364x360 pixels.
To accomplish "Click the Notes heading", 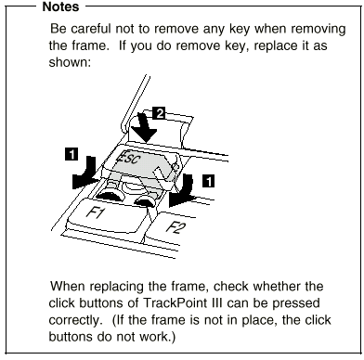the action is (x=60, y=6).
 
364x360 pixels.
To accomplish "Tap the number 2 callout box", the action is (x=160, y=113).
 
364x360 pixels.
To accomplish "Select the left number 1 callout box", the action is (x=71, y=154).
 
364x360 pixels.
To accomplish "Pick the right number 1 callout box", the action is (x=209, y=181).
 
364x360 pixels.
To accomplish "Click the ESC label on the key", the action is (x=128, y=159).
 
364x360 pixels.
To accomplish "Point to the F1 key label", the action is (x=95, y=212).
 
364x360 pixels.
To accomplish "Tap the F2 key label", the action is (x=175, y=228).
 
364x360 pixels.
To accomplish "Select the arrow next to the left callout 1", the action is (x=85, y=174).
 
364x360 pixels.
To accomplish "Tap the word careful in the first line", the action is (x=90, y=29).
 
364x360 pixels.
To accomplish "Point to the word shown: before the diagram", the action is (x=70, y=62).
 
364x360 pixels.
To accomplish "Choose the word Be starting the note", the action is (x=58, y=29).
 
